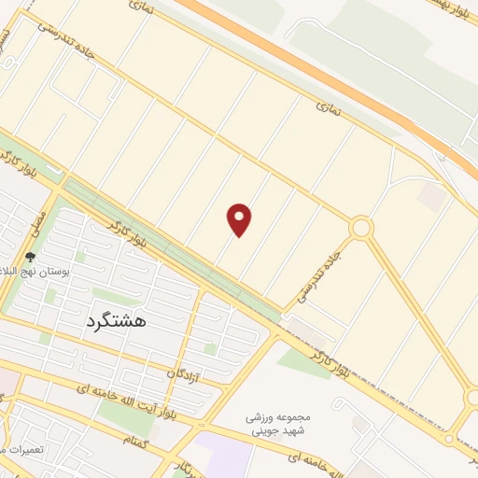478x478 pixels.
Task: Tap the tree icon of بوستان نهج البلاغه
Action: pos(30,258)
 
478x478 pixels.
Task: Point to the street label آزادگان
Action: pos(184,373)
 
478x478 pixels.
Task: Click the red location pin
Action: pos(240,219)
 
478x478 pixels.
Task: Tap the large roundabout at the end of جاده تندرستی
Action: pos(361,228)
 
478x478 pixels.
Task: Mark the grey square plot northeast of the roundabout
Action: pos(430,195)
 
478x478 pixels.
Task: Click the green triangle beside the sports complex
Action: pos(299,358)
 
